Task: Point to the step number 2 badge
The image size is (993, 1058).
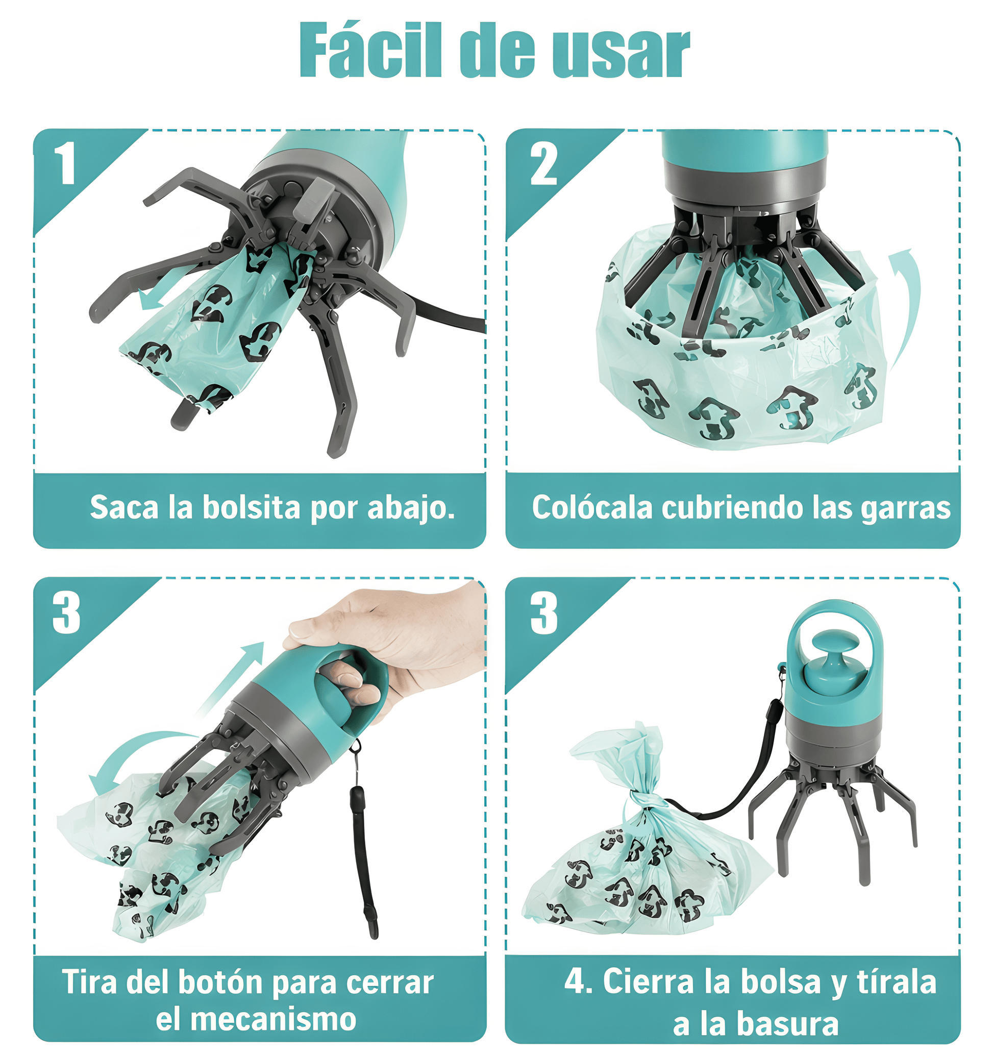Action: [543, 164]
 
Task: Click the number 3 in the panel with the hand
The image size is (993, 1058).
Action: [66, 613]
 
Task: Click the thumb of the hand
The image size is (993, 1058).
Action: [319, 628]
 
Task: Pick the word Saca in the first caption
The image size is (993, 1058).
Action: [124, 507]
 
